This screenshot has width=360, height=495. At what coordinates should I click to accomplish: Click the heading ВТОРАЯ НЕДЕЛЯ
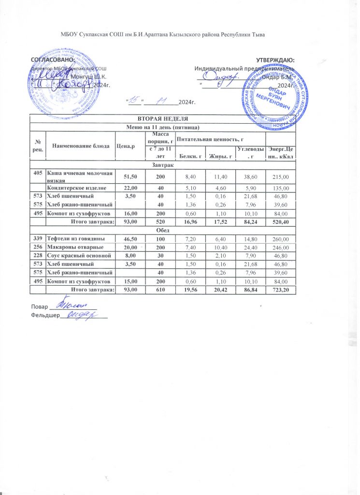[162, 119]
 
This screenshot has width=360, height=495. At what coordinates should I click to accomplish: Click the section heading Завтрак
[162, 165]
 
